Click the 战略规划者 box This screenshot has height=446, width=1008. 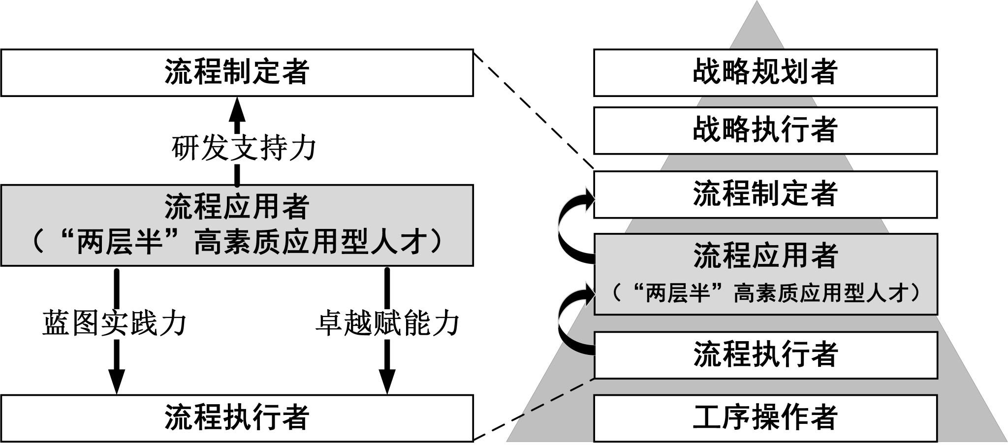pyautogui.click(x=765, y=72)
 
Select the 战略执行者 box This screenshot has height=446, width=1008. pyautogui.click(x=765, y=130)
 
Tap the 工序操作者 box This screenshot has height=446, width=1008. pyautogui.click(x=765, y=417)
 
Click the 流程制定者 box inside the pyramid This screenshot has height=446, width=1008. pyautogui.click(x=765, y=194)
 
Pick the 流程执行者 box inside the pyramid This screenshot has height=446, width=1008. pyautogui.click(x=765, y=355)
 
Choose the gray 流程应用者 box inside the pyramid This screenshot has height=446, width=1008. pyautogui.click(x=765, y=274)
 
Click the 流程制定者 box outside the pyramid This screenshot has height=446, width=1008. pyautogui.click(x=236, y=72)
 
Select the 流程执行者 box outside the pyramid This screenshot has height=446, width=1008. pyautogui.click(x=236, y=417)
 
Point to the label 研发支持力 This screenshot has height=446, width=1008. pyautogui.click(x=244, y=148)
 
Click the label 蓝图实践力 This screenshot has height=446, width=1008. pyautogui.click(x=114, y=323)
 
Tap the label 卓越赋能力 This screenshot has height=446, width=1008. pyautogui.click(x=387, y=323)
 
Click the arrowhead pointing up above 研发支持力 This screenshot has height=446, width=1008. pyautogui.click(x=237, y=107)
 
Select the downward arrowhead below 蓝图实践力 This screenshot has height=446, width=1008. pyautogui.click(x=117, y=382)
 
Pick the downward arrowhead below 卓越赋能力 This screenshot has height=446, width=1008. pyautogui.click(x=387, y=382)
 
